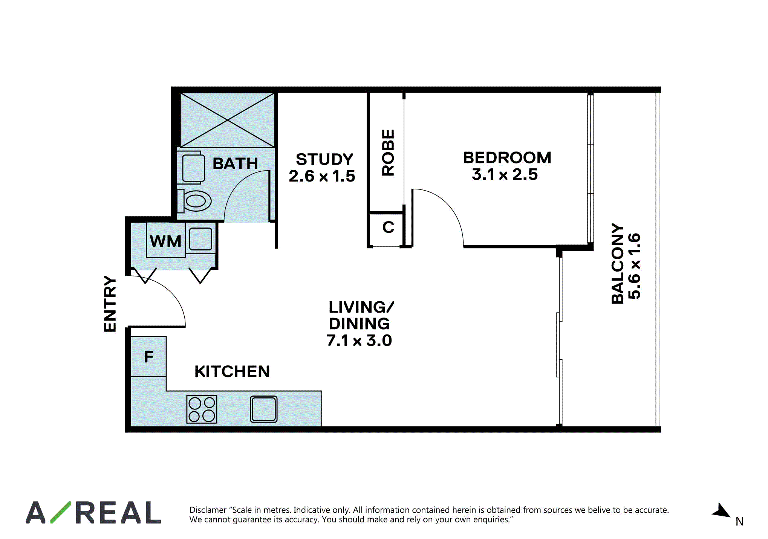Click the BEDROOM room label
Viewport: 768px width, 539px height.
click(507, 158)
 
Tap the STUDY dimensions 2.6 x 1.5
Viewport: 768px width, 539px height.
click(322, 176)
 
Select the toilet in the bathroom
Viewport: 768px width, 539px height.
click(194, 201)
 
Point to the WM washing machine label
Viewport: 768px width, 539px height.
click(165, 241)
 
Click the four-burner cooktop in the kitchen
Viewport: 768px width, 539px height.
click(202, 409)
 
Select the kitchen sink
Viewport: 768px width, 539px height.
click(264, 409)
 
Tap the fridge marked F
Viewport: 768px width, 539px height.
click(148, 356)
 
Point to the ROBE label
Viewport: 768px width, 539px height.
click(388, 153)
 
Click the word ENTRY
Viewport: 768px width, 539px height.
click(110, 304)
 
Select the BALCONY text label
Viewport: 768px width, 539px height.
click(618, 264)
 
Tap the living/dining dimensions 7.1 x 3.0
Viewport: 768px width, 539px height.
click(359, 341)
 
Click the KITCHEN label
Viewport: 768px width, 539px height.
click(232, 372)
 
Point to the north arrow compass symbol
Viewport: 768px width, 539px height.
click(721, 511)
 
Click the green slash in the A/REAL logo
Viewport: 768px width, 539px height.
click(61, 512)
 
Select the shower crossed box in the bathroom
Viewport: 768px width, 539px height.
click(228, 120)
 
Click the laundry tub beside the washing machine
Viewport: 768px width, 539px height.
click(200, 239)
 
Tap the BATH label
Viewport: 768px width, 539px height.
click(236, 164)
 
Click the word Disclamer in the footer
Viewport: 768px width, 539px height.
click(208, 510)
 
